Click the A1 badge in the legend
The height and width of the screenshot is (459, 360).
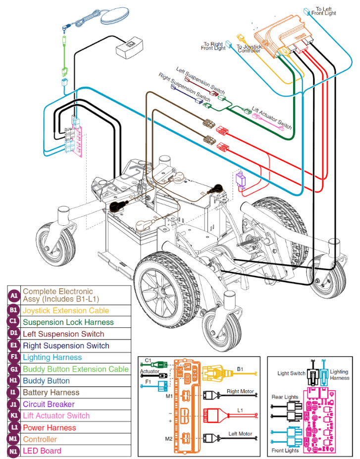pyautogui.click(x=14, y=296)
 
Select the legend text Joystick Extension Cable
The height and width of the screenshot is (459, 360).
pyautogui.click(x=66, y=311)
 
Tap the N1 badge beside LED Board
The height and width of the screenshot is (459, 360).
pyautogui.click(x=14, y=451)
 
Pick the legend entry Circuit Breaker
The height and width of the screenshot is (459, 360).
pyautogui.click(x=49, y=405)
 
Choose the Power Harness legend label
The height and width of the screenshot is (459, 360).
pyautogui.click(x=50, y=428)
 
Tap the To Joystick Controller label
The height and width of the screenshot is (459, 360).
pyautogui.click(x=249, y=49)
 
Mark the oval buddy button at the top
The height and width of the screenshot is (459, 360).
pyautogui.click(x=114, y=18)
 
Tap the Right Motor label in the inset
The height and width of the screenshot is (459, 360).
pyautogui.click(x=240, y=391)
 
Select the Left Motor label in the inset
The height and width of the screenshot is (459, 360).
pyautogui.click(x=240, y=434)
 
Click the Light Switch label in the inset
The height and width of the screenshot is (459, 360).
pyautogui.click(x=290, y=373)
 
